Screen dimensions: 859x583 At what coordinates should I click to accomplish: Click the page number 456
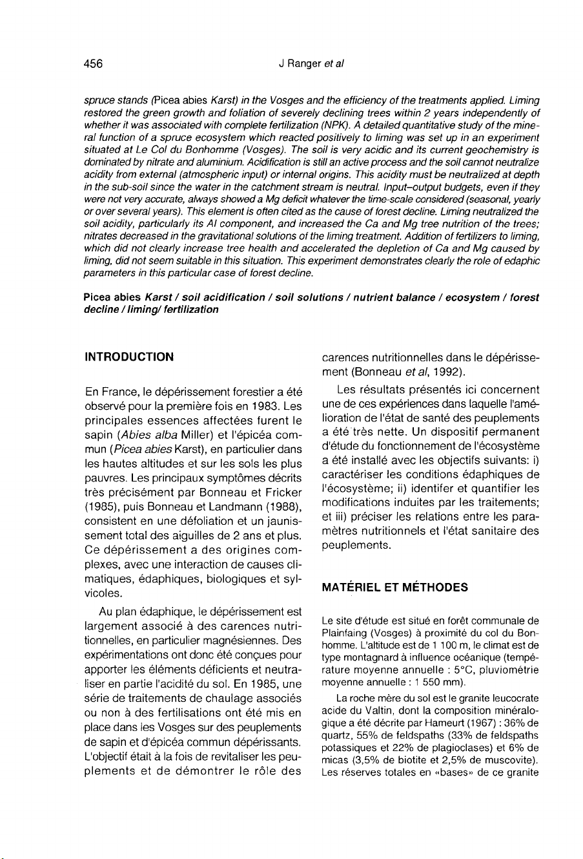coord(94,63)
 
